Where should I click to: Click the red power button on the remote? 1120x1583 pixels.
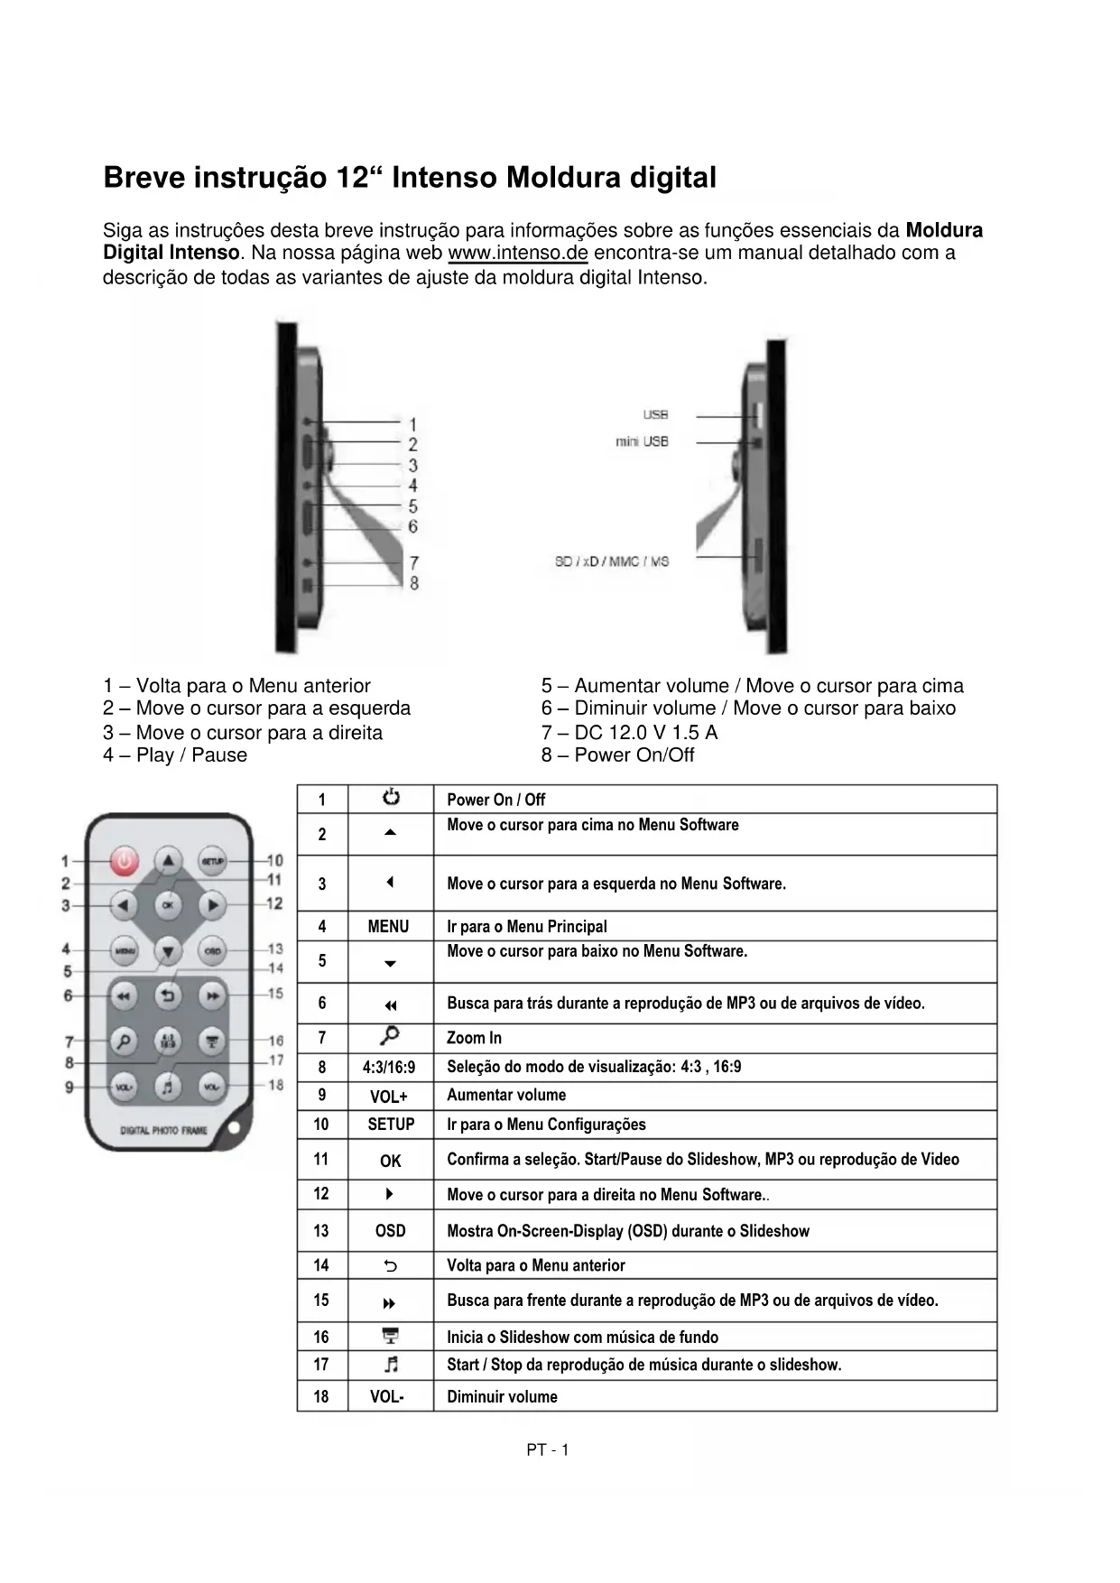coord(125,862)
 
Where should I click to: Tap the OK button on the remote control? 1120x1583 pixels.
coord(168,904)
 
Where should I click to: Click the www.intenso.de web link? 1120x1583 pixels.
coord(518,253)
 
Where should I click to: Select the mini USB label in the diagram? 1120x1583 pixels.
coord(642,442)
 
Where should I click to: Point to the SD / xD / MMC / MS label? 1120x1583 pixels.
coord(612,561)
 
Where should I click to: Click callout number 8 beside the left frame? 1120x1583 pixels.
coord(414,584)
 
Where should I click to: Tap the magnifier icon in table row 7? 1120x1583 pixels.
coord(390,1036)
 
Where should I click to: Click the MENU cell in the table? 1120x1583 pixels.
coord(389,926)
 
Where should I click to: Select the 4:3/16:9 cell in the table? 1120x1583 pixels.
coord(389,1067)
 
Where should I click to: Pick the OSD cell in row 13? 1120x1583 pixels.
coord(390,1230)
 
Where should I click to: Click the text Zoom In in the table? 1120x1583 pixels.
coord(474,1038)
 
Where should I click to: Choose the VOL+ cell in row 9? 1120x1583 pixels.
coord(389,1097)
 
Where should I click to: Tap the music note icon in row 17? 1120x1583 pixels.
coord(390,1364)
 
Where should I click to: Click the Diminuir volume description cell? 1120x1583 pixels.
coord(502,1396)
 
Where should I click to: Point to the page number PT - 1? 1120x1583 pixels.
coord(548,1450)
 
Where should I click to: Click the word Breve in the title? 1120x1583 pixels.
coord(142,177)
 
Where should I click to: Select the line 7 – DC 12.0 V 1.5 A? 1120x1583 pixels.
coord(629,732)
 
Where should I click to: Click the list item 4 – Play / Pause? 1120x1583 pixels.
coord(175,755)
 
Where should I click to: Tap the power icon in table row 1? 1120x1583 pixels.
coord(390,798)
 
